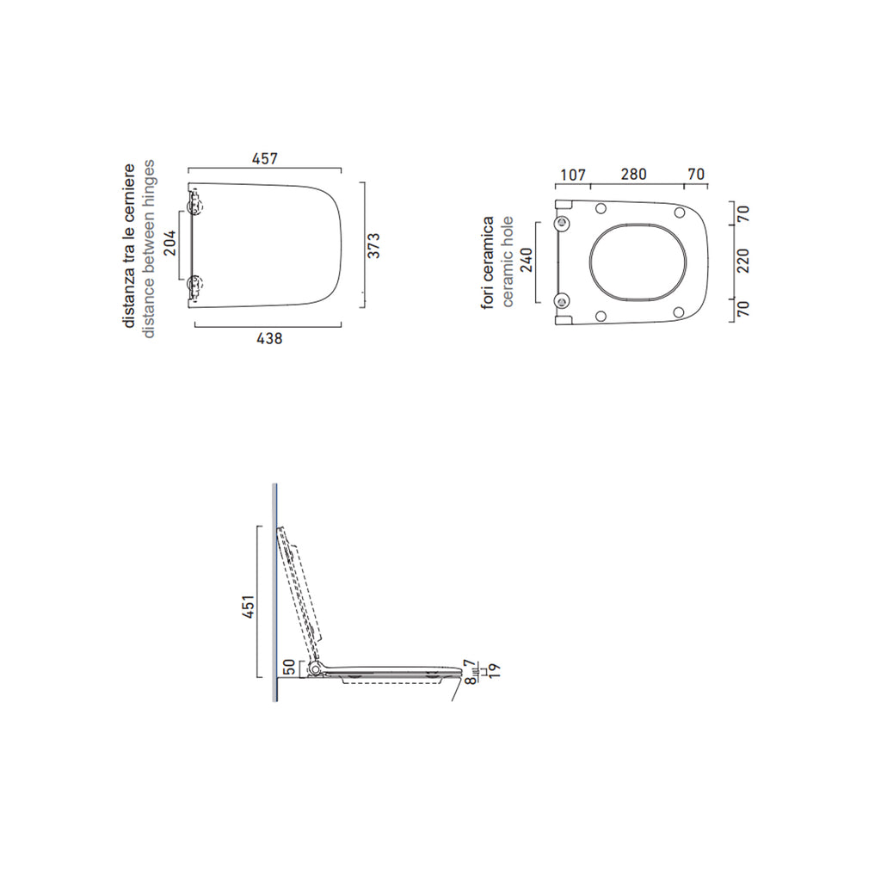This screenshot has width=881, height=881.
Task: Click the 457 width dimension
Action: tap(265, 159)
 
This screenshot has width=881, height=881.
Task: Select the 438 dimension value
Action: tap(269, 339)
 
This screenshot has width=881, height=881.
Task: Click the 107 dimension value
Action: tap(573, 175)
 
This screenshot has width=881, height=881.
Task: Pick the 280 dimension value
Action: tap(633, 175)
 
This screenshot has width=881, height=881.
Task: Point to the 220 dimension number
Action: tap(744, 261)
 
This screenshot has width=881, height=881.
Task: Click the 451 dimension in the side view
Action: tap(245, 607)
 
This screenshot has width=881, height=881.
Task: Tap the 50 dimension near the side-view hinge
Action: tap(290, 667)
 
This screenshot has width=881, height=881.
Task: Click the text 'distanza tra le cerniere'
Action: tap(129, 246)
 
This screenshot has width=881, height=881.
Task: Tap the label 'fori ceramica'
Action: tap(488, 262)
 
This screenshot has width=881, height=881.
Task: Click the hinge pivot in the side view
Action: tap(318, 668)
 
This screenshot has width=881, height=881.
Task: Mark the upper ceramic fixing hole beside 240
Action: tap(564, 223)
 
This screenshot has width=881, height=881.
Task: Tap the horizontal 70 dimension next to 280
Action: tap(696, 175)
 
